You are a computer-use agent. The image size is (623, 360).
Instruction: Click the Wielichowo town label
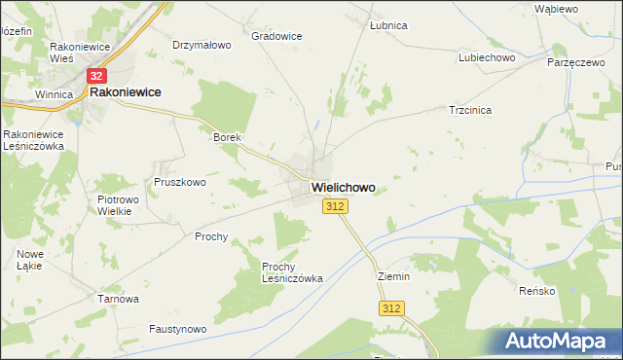tap(343, 187)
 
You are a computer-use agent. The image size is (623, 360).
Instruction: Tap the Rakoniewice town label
tap(126, 93)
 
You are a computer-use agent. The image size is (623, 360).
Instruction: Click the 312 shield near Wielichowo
tap(335, 206)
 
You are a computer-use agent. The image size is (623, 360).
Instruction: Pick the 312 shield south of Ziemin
tap(391, 308)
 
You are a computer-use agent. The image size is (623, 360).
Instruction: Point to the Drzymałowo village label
tap(202, 45)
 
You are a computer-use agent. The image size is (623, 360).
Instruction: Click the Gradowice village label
tap(276, 36)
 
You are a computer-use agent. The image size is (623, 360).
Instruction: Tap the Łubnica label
tap(388, 25)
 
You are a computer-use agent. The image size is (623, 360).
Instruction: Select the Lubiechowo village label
tap(487, 57)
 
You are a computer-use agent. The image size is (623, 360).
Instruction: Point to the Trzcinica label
tap(470, 110)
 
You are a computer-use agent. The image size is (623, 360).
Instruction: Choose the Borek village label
tap(227, 137)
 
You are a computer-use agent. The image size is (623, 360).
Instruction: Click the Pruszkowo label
tap(180, 182)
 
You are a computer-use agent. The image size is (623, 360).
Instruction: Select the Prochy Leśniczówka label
tap(292, 271)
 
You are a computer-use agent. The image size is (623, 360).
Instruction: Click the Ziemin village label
tap(394, 276)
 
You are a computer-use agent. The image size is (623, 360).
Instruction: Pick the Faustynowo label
tap(178, 330)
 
